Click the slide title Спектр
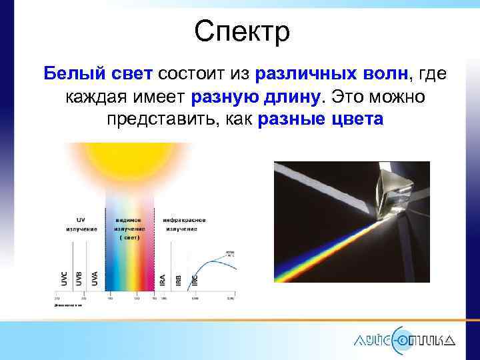click(x=242, y=31)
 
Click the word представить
click(x=167, y=120)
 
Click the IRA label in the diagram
click(x=163, y=279)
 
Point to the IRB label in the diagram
click(x=178, y=279)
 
